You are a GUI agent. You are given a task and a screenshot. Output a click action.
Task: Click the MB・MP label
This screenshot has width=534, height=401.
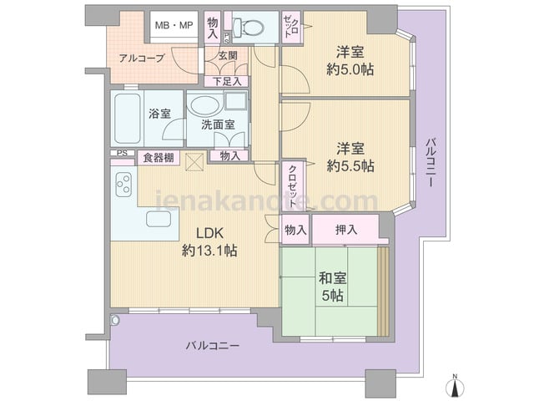(174, 25)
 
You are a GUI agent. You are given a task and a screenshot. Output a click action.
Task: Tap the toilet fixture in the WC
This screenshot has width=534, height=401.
(248, 26)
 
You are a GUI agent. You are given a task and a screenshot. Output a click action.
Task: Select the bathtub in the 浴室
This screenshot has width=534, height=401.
(128, 118)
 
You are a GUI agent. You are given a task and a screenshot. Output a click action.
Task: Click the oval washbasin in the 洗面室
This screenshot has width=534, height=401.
(204, 105)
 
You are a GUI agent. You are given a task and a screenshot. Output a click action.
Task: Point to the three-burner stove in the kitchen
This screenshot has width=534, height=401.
(123, 185)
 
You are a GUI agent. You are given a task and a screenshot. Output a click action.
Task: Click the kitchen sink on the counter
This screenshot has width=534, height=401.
(159, 219)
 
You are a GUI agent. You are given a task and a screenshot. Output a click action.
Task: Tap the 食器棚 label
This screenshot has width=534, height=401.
(159, 158)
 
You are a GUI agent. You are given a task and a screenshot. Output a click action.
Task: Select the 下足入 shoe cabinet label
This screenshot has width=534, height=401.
(227, 81)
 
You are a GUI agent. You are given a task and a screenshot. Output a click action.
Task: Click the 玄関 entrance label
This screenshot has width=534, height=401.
(228, 55)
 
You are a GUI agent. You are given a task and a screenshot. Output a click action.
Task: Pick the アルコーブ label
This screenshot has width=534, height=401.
(142, 58)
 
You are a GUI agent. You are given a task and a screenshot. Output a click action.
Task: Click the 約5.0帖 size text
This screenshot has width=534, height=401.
(350, 69)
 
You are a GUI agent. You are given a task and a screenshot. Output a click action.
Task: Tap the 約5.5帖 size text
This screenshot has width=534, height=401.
(350, 166)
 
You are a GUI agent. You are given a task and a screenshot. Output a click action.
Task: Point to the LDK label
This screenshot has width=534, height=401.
(209, 233)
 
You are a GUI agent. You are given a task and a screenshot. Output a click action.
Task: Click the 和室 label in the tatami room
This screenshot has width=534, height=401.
(333, 278)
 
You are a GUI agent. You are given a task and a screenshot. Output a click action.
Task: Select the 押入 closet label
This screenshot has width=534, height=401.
(346, 230)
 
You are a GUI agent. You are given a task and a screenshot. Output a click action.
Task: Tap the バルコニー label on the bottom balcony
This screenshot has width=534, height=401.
(213, 346)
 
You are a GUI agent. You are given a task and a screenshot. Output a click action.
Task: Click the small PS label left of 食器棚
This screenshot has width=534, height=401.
(122, 153)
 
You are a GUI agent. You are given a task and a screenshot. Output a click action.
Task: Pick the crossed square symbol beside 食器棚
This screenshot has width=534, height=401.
(194, 162)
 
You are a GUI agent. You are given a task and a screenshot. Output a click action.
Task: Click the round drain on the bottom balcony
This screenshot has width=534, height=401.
(115, 320)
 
